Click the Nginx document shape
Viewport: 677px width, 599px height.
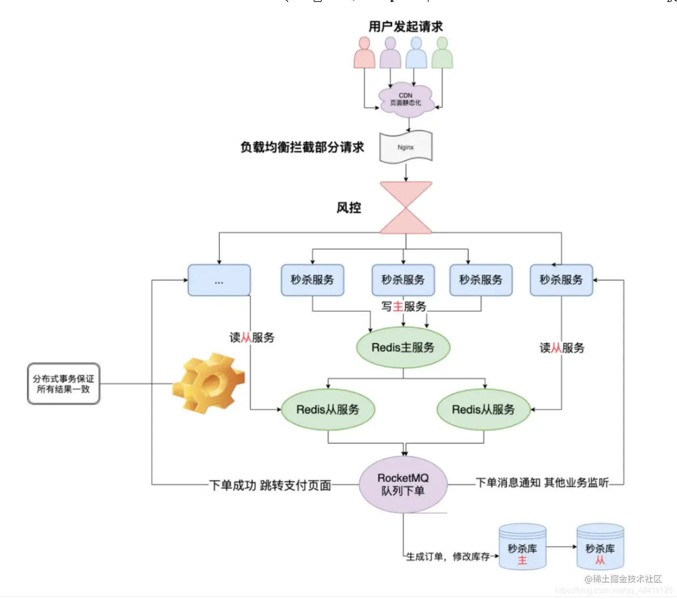coord(406,147)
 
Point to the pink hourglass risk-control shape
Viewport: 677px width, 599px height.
coord(406,208)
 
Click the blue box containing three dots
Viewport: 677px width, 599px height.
coord(219,280)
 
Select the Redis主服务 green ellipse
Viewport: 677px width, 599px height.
coord(403,347)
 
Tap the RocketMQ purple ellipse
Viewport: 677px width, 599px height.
coord(403,484)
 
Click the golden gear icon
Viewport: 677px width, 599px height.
coord(208,383)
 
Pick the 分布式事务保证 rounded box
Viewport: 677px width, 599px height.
coord(64,384)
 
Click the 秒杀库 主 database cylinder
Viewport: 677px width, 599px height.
coord(522,547)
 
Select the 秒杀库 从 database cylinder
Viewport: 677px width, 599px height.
coord(600,547)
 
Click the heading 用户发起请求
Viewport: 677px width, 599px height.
coord(406,26)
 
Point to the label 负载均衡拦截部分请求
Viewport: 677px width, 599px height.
coord(302,147)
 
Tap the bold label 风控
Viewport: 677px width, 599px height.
coord(348,208)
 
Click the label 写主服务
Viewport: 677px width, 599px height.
coord(404,306)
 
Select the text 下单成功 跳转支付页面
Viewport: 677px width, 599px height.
coord(270,485)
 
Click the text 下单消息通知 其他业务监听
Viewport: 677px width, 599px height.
coord(542,482)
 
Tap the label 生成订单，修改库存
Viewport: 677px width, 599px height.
coord(448,557)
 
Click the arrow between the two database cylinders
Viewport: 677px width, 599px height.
coord(561,547)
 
